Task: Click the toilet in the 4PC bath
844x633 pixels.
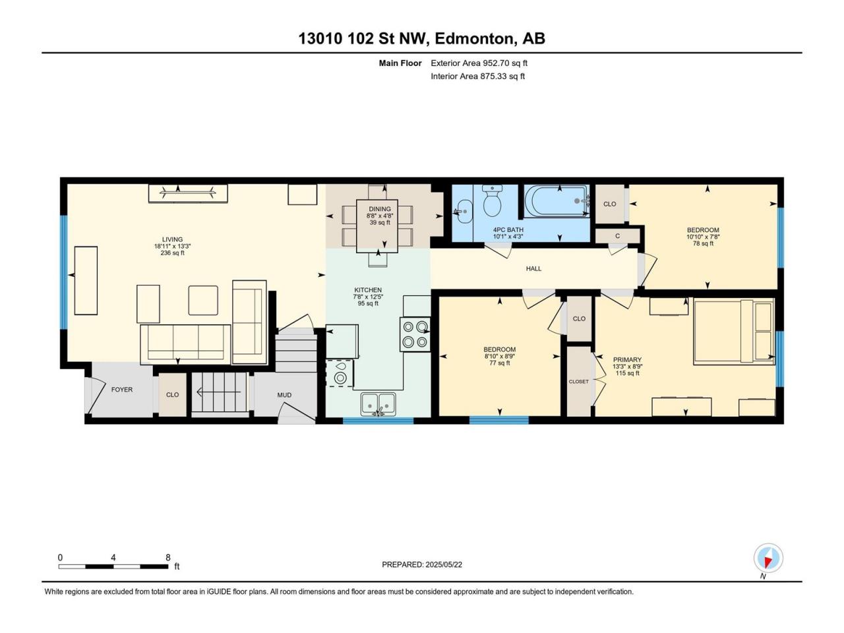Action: [492, 200]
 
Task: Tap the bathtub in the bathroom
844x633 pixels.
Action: [557, 201]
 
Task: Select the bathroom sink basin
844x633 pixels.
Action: [463, 211]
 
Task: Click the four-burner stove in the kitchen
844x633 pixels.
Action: [415, 334]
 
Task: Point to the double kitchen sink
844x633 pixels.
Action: [378, 404]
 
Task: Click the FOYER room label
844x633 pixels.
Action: [122, 389]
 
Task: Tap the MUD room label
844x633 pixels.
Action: [285, 395]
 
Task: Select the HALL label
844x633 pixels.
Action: [533, 268]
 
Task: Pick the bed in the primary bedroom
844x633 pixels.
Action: [734, 332]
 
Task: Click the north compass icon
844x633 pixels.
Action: [768, 558]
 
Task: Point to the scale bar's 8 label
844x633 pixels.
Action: [167, 557]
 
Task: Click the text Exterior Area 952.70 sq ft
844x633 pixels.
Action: [479, 63]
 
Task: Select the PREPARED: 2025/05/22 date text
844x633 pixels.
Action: [422, 564]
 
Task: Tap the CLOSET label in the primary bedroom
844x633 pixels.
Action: [579, 381]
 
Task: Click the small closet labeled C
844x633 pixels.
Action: [617, 235]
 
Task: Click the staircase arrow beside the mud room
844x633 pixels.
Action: [218, 392]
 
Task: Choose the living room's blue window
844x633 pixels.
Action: [64, 272]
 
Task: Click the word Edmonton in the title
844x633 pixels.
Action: [476, 39]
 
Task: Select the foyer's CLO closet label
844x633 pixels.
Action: [172, 395]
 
